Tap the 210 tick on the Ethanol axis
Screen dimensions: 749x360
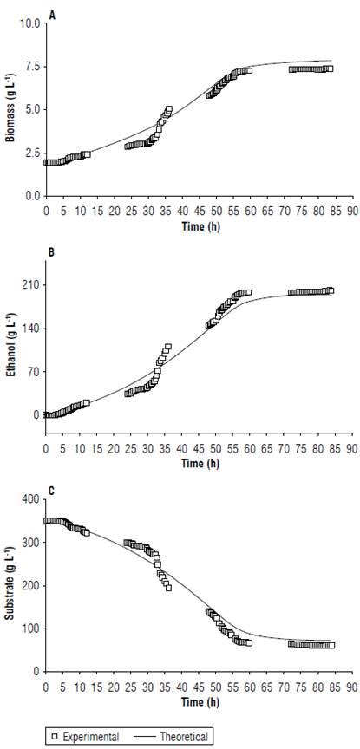pyautogui.click(x=34, y=285)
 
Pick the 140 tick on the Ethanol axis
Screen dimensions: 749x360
pyautogui.click(x=34, y=329)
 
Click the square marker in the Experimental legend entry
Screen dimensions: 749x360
pyautogui.click(x=54, y=735)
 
